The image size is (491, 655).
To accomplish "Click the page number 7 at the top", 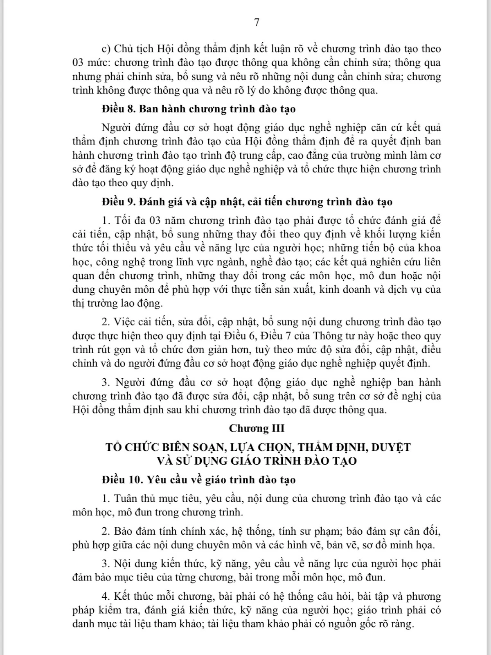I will pyautogui.click(x=257, y=23).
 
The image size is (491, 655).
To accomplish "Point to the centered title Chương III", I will pyautogui.click(x=257, y=428).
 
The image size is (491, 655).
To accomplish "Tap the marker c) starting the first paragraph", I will pyautogui.click(x=106, y=49).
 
